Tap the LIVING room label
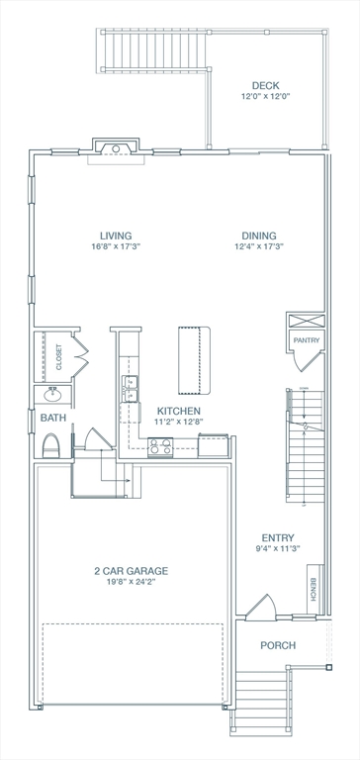tap(116, 237)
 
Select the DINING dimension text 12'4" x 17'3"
tap(259, 246)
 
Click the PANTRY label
tap(307, 340)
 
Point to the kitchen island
tap(194, 360)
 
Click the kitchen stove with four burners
tap(160, 446)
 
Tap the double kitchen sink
tap(131, 389)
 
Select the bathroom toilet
tap(51, 445)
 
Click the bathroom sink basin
tap(52, 395)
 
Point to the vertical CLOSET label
tap(59, 357)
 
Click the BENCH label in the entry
tap(313, 590)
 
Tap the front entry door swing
tap(261, 607)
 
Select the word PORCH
tap(278, 645)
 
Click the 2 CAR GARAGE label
tap(132, 571)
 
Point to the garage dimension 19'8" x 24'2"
tap(132, 582)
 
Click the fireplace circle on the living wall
tap(116, 148)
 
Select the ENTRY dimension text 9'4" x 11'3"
tap(278, 548)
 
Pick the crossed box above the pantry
tap(306, 321)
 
